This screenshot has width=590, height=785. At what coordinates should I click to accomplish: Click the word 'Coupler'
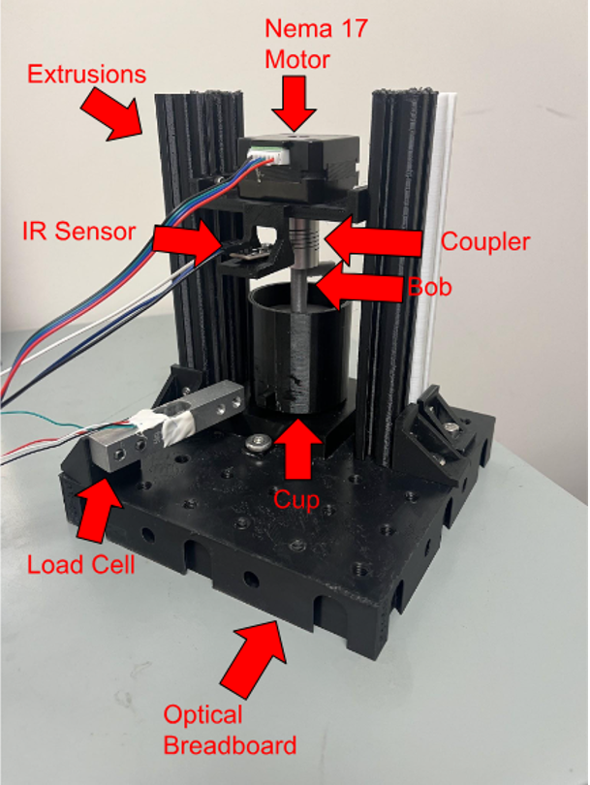click(x=485, y=241)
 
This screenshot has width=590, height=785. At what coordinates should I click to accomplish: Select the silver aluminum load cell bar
click(x=165, y=426)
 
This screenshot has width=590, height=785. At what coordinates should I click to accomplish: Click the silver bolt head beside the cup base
click(x=258, y=444)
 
